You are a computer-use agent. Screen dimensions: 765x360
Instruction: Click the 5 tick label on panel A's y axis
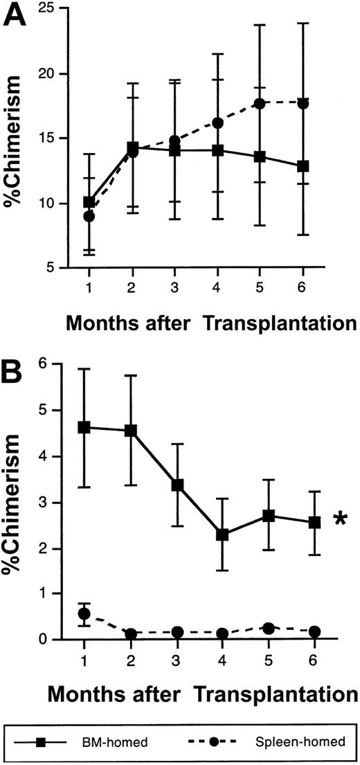[51, 268]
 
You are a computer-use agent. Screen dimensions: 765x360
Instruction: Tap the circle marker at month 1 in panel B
[85, 613]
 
